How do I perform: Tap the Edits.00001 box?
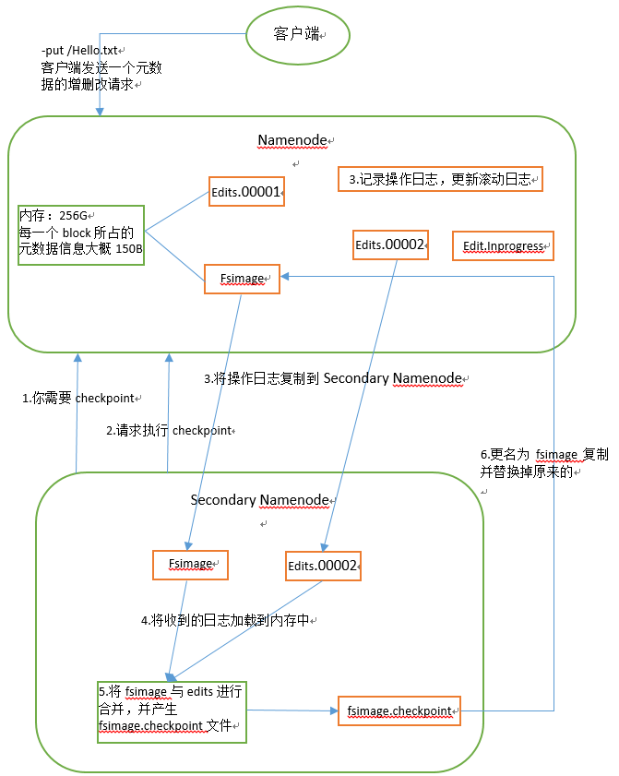246,191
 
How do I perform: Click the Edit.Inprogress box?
502,246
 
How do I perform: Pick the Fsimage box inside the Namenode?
242,279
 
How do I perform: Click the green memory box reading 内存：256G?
80,234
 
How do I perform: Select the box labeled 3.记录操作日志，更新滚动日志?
440,179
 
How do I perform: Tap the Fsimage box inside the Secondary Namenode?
190,563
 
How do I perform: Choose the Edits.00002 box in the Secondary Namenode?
323,566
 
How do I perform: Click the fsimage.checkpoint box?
398,710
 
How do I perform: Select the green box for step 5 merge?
173,709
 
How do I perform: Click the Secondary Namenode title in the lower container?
259,500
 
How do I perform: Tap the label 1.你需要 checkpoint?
79,398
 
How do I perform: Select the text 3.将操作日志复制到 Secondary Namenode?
336,378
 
